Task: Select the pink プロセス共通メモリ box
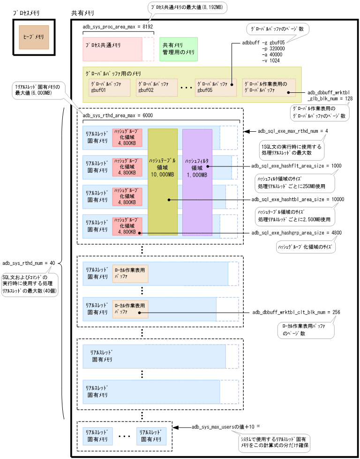(x=112, y=49)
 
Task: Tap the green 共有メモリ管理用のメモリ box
(x=178, y=49)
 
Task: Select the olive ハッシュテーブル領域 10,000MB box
(x=163, y=181)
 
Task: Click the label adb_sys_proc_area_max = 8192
(x=117, y=27)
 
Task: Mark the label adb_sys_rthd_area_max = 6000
(x=117, y=115)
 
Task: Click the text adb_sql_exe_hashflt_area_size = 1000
(x=296, y=166)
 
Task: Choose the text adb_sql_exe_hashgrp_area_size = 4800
(x=296, y=233)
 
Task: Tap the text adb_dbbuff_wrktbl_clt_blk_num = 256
(x=296, y=312)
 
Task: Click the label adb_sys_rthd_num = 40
(x=29, y=263)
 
